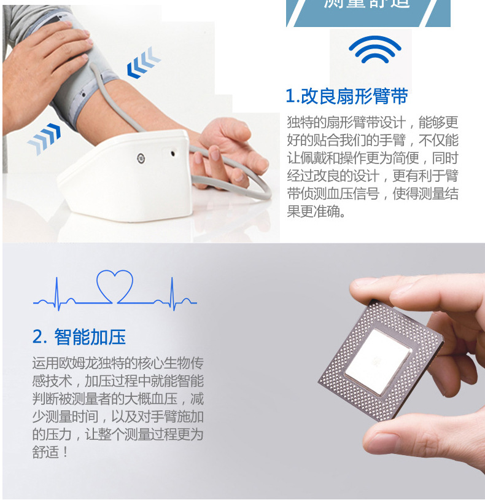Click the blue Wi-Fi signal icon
pos(374,50)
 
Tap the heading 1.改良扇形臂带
pos(347,96)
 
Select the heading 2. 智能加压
pos(79,337)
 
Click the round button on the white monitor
pos(141,158)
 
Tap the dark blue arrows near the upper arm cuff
pos(143,64)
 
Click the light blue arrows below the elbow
pos(45,138)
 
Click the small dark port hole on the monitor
pos(173,154)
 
